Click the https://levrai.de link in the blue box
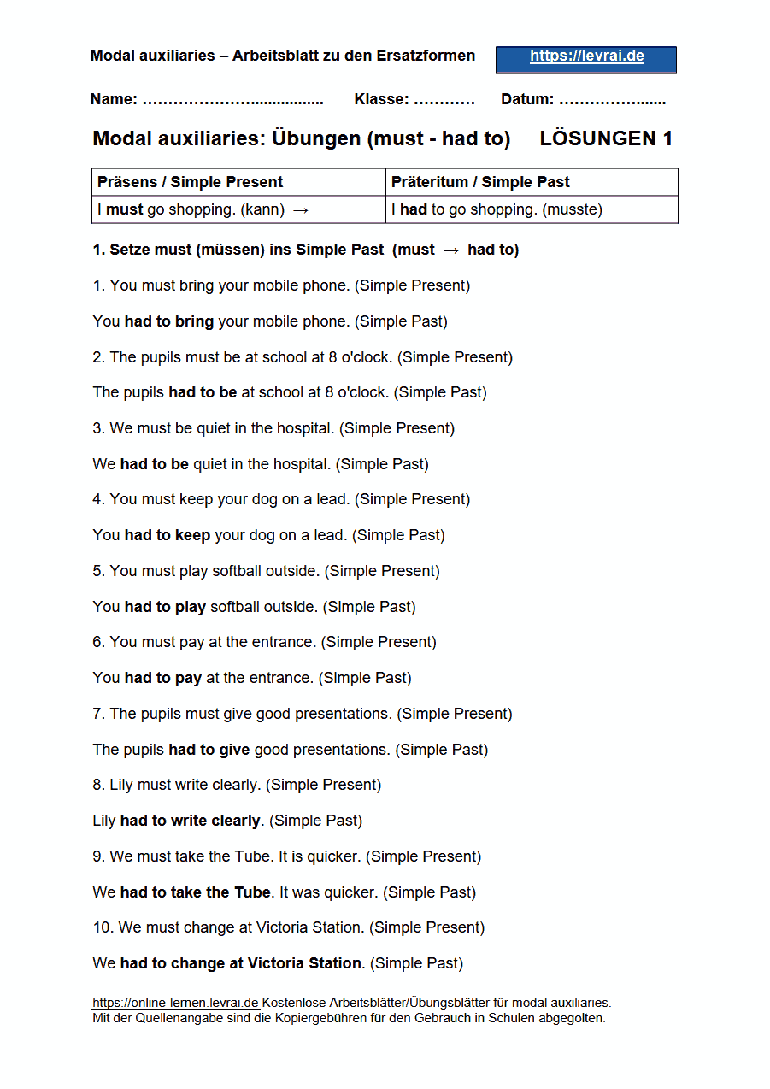coord(586,57)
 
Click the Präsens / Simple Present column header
coord(191,182)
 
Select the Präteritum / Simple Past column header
coord(480,182)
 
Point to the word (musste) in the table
coord(573,209)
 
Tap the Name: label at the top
coord(114,99)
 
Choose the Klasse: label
coord(381,99)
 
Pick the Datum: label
coord(527,99)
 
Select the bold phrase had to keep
coord(168,535)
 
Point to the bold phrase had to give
coord(209,750)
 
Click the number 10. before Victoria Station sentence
coord(103,927)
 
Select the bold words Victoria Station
coord(304,963)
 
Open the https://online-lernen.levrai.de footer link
coord(175,1003)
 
